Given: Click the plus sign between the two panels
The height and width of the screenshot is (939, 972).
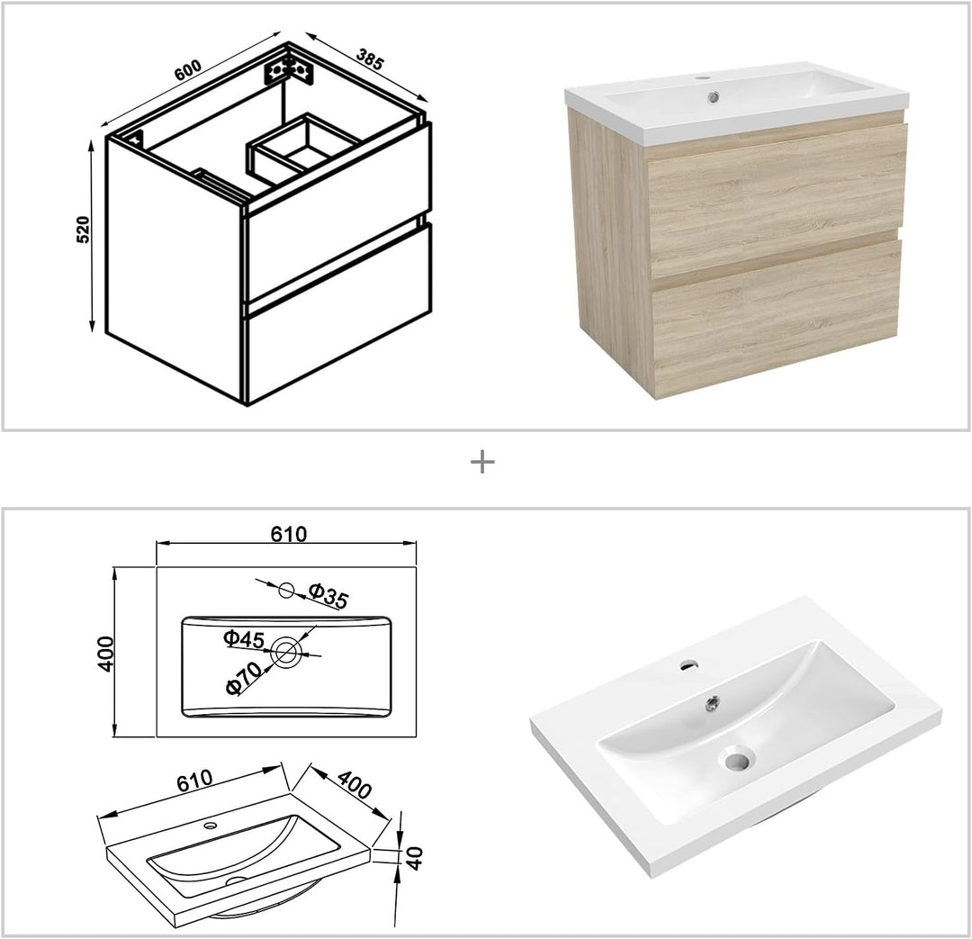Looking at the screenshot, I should (x=483, y=463).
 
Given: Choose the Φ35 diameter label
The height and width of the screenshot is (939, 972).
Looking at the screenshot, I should (x=328, y=595).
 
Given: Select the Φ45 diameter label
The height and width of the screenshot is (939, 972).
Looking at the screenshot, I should (x=244, y=638).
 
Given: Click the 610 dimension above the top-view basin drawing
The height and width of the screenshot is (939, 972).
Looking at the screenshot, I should (x=289, y=534).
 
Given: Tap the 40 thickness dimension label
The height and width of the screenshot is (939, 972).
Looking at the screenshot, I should (x=415, y=858).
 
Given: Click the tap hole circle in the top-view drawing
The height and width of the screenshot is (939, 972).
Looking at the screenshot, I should (x=286, y=591).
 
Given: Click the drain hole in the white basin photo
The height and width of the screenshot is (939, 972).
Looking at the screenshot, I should (x=736, y=762).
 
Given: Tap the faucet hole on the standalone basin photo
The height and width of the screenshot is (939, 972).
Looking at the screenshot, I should (x=688, y=666).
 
